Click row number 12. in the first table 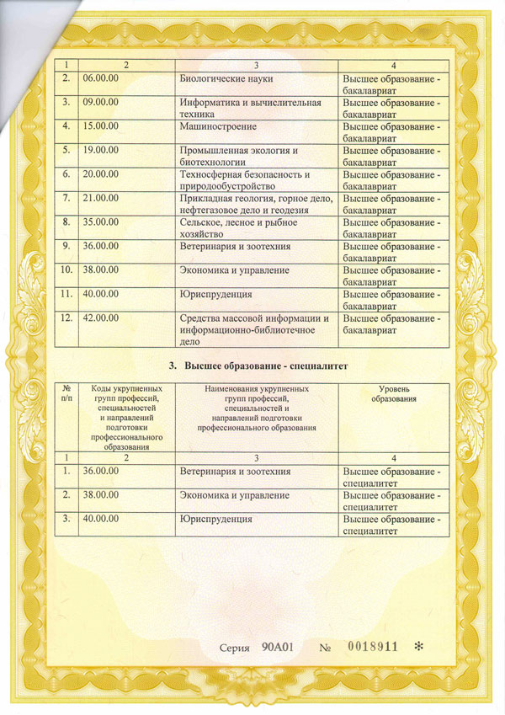tap(66, 319)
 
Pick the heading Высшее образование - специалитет tap(258, 366)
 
